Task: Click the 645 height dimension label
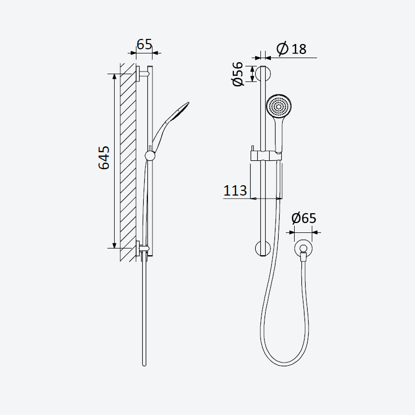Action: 104,158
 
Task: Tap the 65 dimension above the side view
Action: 145,44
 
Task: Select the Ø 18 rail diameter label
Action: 292,49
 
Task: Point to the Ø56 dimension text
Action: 238,74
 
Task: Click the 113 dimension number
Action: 235,190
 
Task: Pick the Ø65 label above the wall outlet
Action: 303,218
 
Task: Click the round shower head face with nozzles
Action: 279,106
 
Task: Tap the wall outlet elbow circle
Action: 303,248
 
